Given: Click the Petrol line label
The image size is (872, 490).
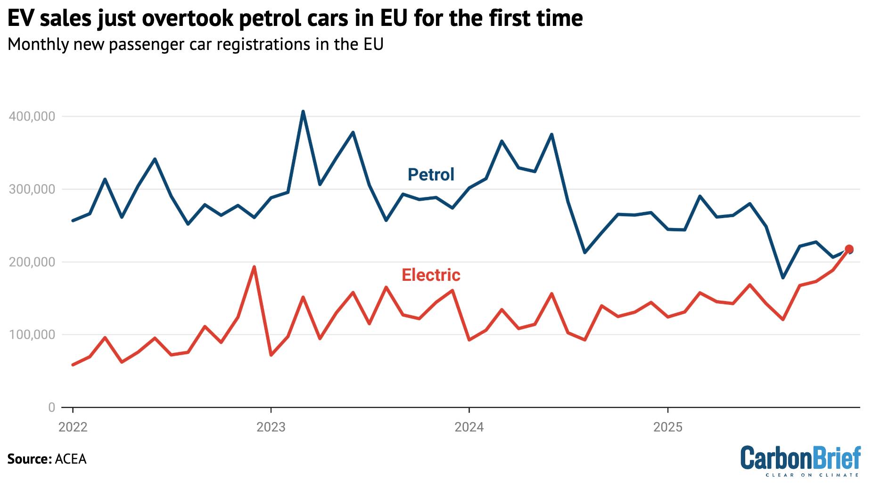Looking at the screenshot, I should [x=430, y=175].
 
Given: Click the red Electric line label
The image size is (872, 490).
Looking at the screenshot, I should [x=430, y=275].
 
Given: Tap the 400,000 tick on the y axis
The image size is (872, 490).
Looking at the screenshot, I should [x=32, y=116].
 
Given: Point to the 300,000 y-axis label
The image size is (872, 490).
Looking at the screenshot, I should [x=32, y=189].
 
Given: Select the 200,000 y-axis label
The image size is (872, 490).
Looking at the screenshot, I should [x=32, y=262].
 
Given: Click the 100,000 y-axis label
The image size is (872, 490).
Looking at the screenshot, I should [x=32, y=335].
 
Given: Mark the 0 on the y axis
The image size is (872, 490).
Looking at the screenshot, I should [x=52, y=408].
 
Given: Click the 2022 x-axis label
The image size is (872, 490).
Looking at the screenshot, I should [x=73, y=427].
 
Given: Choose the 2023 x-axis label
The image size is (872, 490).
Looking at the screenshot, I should [x=271, y=427].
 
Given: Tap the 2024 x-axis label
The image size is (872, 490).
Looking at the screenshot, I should [x=469, y=427].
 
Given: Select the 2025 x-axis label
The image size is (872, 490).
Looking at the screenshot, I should [x=667, y=427].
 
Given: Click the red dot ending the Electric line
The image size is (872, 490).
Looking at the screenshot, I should [x=849, y=249].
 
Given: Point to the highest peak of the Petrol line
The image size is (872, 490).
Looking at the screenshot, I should [x=303, y=112].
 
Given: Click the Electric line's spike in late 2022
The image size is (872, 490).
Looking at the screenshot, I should [x=254, y=267].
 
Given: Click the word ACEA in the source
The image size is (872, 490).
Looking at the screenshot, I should [x=71, y=459].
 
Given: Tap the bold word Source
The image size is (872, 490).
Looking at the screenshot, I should [x=28, y=459].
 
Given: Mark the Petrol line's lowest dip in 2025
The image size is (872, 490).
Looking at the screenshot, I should [x=783, y=278].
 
